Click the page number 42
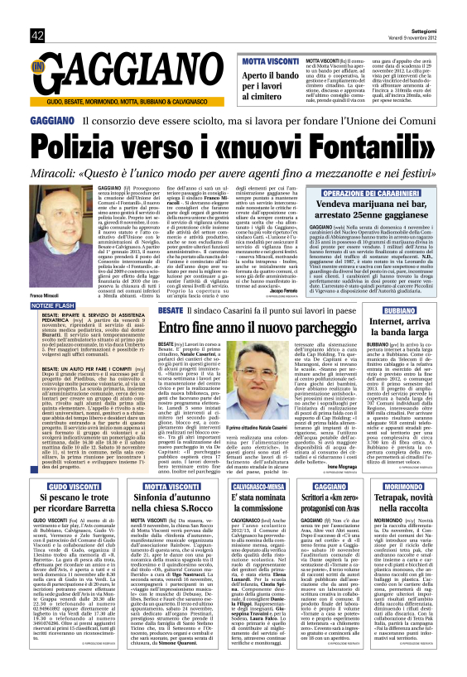[x=37, y=35]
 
